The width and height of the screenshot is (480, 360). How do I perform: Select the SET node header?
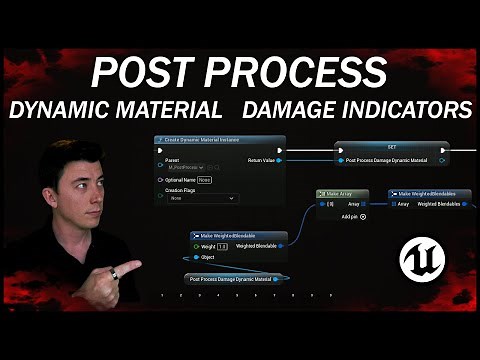pos(391,146)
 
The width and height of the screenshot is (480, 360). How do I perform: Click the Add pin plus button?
pos(363,216)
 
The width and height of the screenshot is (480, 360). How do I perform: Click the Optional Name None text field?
pos(204,180)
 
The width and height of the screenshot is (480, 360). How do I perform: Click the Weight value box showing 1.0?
pos(223,246)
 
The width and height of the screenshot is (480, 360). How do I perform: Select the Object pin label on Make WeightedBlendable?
pos(209,257)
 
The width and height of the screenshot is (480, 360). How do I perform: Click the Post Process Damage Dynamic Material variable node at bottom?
pos(234,279)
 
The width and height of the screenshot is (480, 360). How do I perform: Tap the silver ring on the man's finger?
pos(113,273)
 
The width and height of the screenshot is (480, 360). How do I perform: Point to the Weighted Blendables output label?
pos(438,204)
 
